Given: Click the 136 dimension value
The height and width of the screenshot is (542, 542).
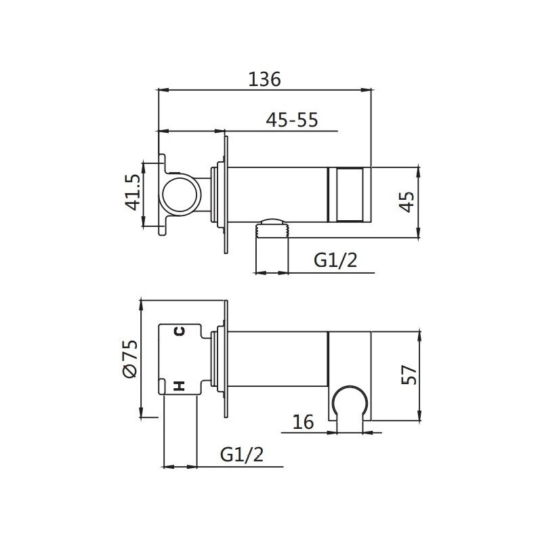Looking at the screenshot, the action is coord(264,79).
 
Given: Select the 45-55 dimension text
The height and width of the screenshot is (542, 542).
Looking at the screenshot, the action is coord(292,120).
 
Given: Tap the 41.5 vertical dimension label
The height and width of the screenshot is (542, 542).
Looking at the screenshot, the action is coord(132,192).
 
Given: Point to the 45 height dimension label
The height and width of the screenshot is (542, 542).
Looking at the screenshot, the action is coord(406,201).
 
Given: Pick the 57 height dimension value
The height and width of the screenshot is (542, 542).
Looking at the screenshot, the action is coord(409,375).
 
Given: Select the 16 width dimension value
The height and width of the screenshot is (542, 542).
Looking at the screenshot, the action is coord(303,421).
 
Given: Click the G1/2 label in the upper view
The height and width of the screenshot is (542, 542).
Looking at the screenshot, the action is coord(335,260).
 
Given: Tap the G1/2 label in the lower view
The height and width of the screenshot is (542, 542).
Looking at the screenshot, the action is coord(242,454).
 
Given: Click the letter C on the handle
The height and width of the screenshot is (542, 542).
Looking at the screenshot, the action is coord(180,331).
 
